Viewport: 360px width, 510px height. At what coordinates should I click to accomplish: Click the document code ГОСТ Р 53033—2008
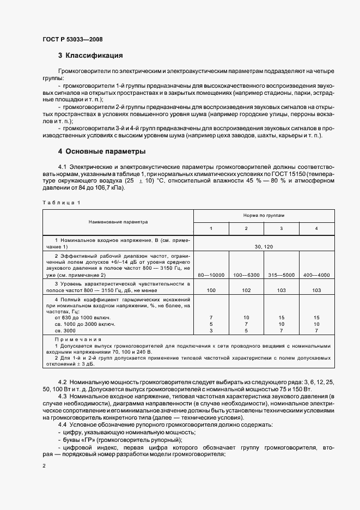pyautogui.click(x=72, y=39)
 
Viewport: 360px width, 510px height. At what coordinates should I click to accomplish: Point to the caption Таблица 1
pyautogui.click(x=61, y=203)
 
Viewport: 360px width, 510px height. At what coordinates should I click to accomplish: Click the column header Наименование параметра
pyautogui.click(x=119, y=222)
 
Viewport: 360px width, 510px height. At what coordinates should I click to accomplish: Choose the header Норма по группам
pyautogui.click(x=264, y=216)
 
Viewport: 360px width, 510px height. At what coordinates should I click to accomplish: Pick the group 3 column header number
pyautogui.click(x=281, y=228)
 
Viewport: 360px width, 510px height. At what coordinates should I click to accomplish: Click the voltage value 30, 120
pyautogui.click(x=264, y=247)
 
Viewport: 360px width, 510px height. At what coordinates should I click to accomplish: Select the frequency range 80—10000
pyautogui.click(x=211, y=275)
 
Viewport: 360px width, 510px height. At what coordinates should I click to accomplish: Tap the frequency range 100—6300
pyautogui.click(x=246, y=275)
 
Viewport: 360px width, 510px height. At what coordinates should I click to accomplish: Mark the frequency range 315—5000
pyautogui.click(x=281, y=275)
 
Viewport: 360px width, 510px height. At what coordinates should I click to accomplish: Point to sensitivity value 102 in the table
pyautogui.click(x=246, y=291)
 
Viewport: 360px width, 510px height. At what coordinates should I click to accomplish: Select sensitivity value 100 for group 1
pyautogui.click(x=211, y=291)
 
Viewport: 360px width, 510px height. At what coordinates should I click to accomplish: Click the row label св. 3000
pyautogui.click(x=66, y=330)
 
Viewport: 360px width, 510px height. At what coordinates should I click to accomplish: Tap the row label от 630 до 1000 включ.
pyautogui.click(x=83, y=317)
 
